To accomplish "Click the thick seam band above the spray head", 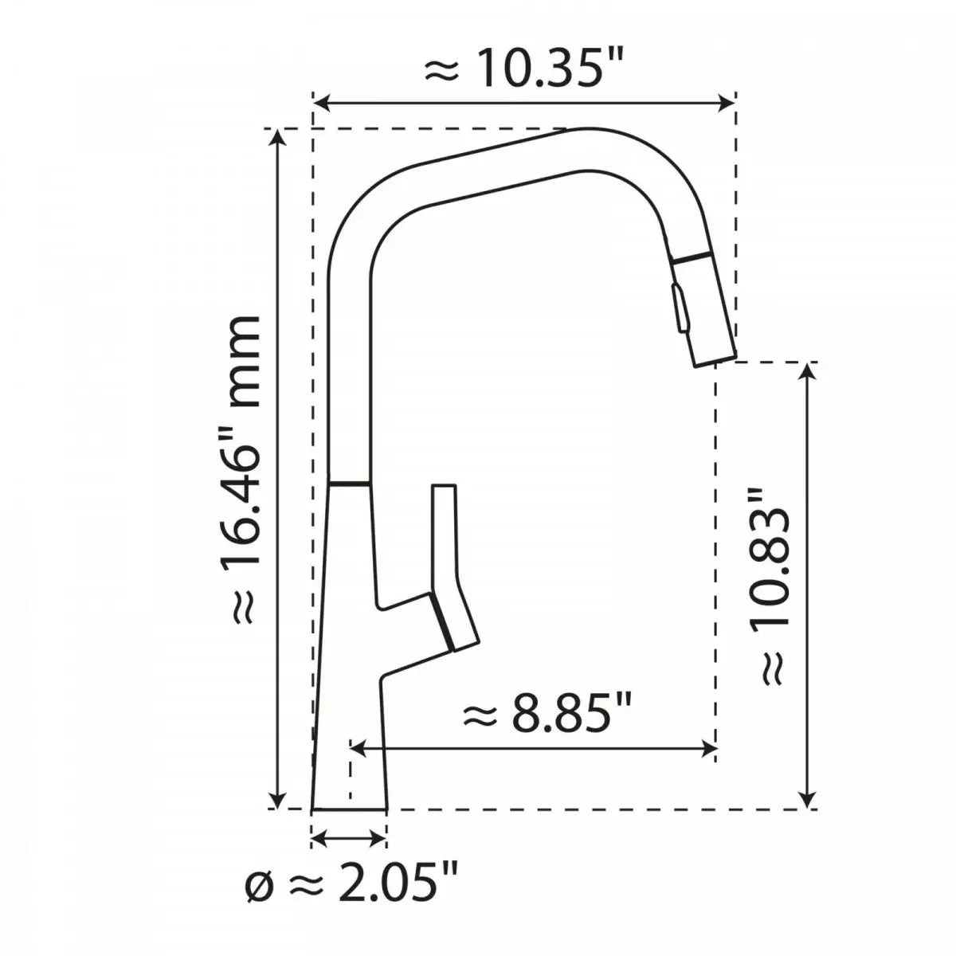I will click(690, 257).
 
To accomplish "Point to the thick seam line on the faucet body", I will click(349, 483).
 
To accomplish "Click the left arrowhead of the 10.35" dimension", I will click(321, 102).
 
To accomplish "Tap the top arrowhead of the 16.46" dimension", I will click(277, 138).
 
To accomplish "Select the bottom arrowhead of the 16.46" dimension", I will click(277, 799).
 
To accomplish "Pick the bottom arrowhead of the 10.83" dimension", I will click(809, 799).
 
